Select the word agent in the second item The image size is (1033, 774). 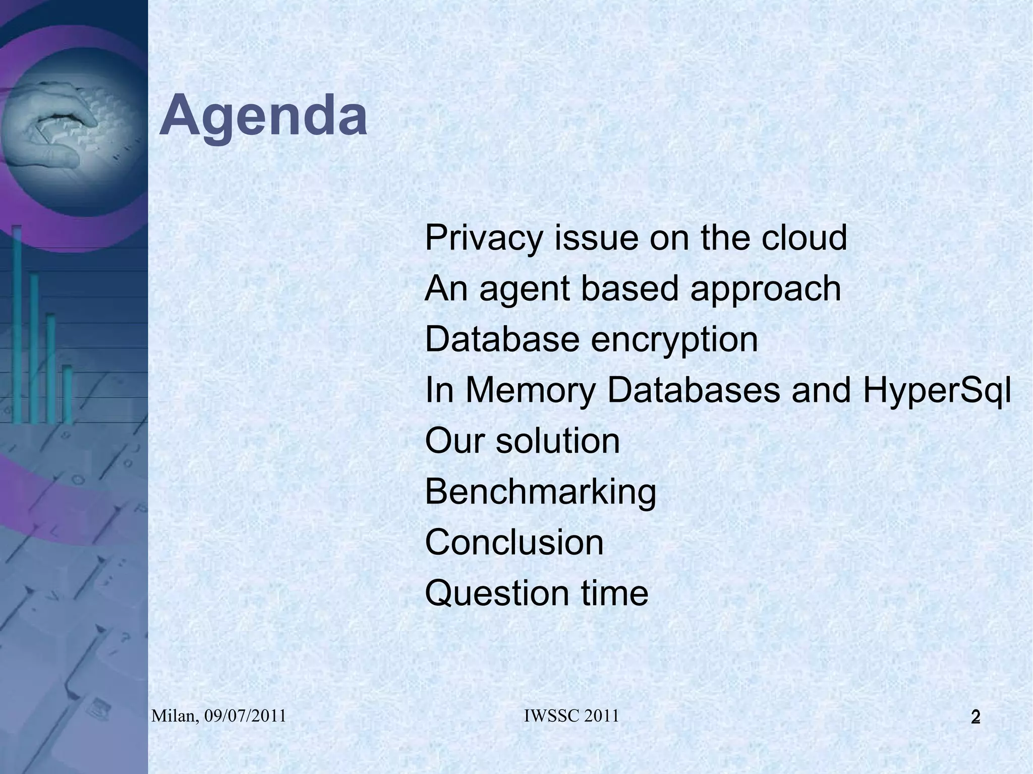(524, 290)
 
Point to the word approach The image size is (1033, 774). (765, 290)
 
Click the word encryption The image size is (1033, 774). (674, 340)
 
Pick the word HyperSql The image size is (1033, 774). (937, 392)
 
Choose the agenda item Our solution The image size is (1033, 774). (522, 441)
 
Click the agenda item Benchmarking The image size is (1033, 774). (540, 493)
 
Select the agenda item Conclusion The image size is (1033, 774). (514, 543)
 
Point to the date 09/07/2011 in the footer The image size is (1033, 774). (245, 716)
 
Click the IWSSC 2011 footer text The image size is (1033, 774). (571, 716)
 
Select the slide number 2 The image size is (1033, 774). (975, 717)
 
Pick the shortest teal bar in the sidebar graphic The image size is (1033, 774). (67, 393)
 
